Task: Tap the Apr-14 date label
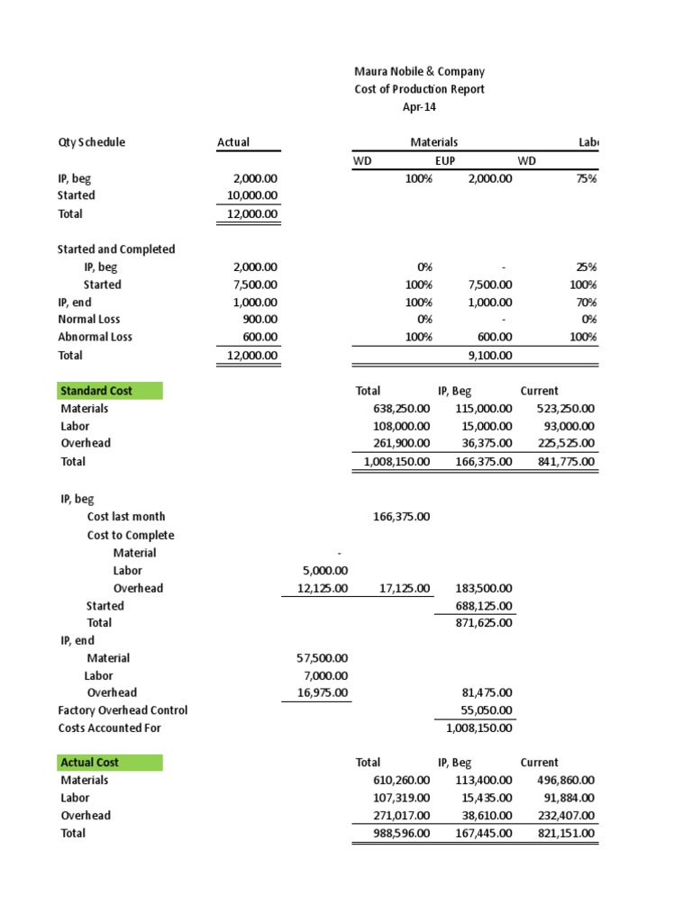[x=417, y=107]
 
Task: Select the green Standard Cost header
[x=109, y=391]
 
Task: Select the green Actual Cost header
[x=110, y=763]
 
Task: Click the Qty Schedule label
[x=91, y=142]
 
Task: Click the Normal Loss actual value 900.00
[x=261, y=320]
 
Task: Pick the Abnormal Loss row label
[x=95, y=337]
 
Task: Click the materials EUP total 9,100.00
[x=488, y=356]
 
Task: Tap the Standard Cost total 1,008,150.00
[x=396, y=462]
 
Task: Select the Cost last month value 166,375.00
[x=401, y=517]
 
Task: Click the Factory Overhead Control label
[x=123, y=710]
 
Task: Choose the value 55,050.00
[x=487, y=710]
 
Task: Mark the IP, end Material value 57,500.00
[x=322, y=658]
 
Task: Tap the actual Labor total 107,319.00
[x=401, y=798]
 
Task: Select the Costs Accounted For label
[x=109, y=728]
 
